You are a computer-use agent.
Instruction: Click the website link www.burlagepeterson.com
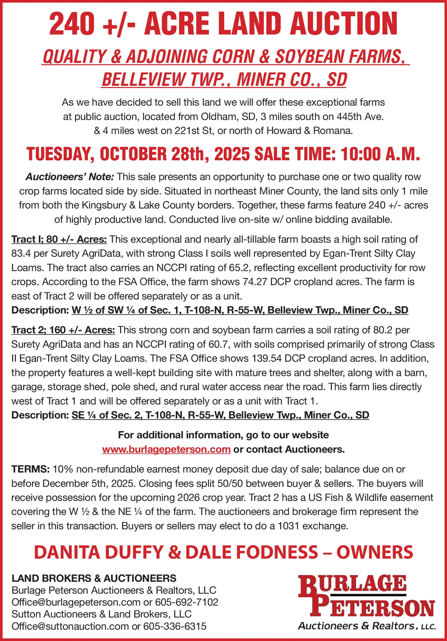point(166,449)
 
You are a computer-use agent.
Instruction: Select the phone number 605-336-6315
point(175,626)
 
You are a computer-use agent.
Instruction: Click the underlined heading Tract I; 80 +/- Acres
point(59,240)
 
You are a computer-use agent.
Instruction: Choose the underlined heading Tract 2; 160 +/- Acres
point(63,330)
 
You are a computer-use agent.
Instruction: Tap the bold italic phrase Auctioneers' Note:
point(70,177)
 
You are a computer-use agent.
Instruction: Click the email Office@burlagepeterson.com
point(76,602)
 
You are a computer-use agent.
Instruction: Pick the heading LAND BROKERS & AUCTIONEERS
point(94,578)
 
